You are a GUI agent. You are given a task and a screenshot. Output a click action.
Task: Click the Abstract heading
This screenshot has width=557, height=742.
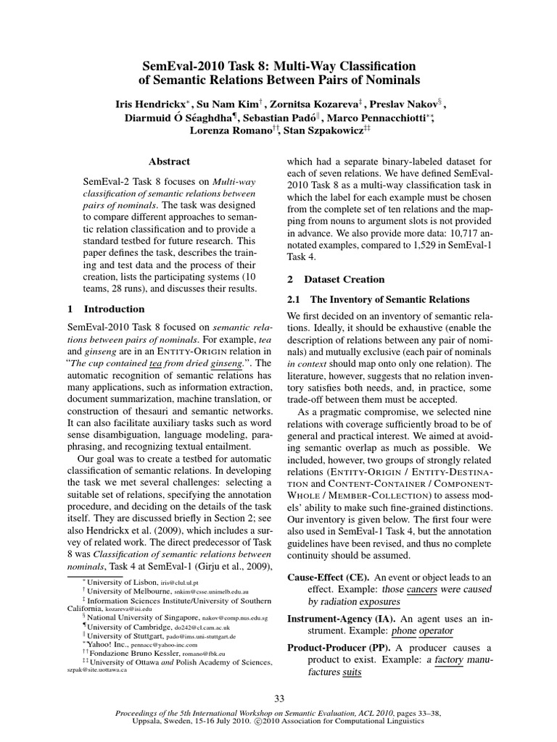pyautogui.click(x=169, y=162)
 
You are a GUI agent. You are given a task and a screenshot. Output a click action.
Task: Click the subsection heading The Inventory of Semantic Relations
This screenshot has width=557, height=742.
pyautogui.click(x=391, y=299)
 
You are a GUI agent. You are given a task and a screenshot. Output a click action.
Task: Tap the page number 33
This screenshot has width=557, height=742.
pyautogui.click(x=278, y=698)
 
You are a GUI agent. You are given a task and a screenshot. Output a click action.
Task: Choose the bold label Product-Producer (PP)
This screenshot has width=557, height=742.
pyautogui.click(x=337, y=647)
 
